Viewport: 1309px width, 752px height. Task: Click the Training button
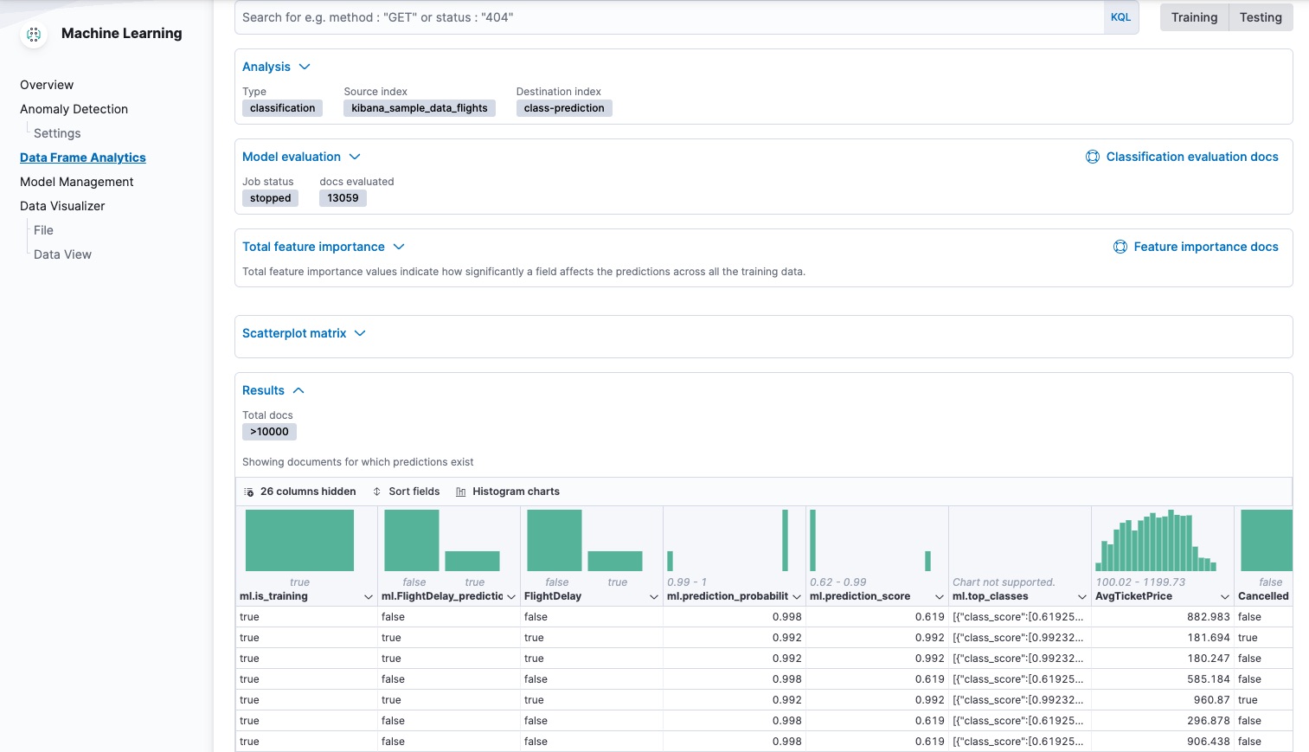[1194, 17]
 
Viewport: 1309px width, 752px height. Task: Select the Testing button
[1261, 17]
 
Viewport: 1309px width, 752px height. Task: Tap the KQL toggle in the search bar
[1120, 17]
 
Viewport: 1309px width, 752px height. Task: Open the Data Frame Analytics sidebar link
[83, 157]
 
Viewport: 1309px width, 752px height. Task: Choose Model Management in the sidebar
[77, 182]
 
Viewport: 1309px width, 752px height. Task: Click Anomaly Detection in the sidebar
[74, 109]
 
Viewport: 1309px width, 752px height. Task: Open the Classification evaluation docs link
[1191, 157]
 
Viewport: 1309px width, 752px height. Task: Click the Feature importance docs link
[1205, 247]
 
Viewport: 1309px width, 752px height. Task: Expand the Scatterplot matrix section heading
[294, 333]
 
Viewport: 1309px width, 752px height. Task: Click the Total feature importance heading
[313, 247]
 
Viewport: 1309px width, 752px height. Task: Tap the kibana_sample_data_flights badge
[420, 108]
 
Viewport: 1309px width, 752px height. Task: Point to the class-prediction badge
[564, 108]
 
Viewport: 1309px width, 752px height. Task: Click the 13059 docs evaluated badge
[343, 198]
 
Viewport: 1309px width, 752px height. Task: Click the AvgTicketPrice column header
[1133, 596]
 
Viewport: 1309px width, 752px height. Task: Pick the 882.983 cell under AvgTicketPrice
[1208, 617]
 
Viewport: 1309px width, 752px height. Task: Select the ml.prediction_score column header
[860, 596]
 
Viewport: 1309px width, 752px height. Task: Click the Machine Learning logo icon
[34, 35]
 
